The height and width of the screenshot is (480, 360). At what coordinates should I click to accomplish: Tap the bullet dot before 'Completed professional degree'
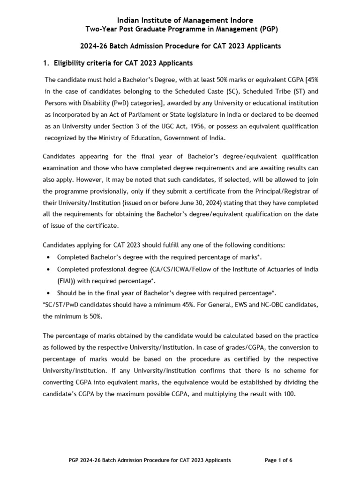[49, 269]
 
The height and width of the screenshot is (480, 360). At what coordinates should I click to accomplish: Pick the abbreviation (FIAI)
[67, 281]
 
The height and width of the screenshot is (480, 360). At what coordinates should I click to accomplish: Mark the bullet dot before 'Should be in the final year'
[49, 293]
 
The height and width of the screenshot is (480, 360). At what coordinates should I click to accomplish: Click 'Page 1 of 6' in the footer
[278, 460]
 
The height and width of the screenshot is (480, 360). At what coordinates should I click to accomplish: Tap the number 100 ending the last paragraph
[289, 394]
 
